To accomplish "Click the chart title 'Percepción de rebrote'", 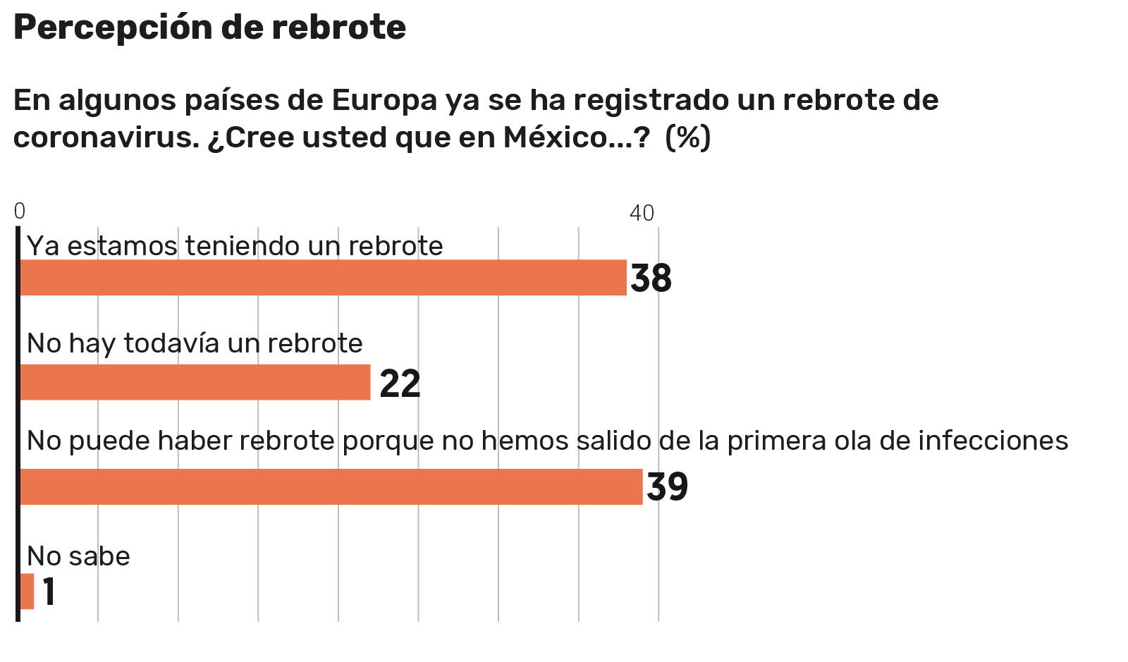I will (209, 28).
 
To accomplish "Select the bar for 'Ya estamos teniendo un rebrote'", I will (323, 278).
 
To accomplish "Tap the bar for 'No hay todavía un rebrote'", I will (195, 382).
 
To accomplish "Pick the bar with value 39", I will (331, 486).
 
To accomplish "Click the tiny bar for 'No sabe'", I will (27, 591).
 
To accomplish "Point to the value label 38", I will (651, 278).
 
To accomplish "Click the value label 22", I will (400, 384).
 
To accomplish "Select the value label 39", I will (667, 487).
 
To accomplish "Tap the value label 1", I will (49, 591).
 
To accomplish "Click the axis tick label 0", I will (20, 212).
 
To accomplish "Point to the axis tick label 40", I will (642, 213).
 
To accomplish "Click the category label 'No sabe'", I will (78, 556).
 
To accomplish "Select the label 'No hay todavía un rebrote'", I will (195, 343).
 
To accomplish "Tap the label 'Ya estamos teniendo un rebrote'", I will (235, 246).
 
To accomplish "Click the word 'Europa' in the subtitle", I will (384, 100).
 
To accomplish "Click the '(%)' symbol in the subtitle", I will (688, 137).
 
